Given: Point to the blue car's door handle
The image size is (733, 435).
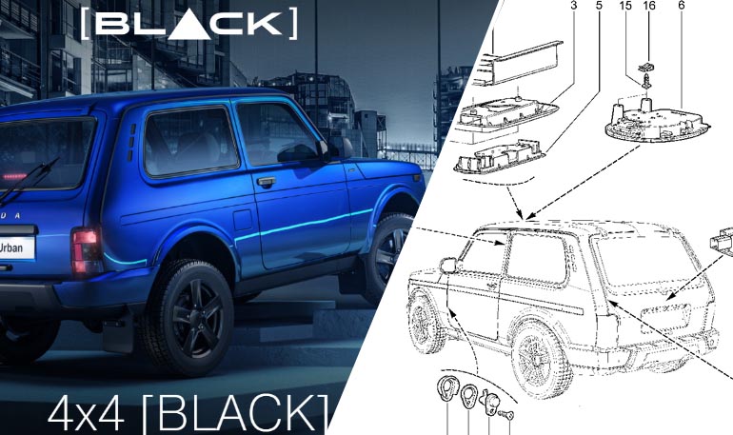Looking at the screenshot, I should coord(266,181).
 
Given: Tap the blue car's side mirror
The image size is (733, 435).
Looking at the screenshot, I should coord(331,148).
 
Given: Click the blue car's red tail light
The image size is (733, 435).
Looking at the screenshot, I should coord(87,250).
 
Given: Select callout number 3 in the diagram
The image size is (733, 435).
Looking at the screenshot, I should coord(574,6).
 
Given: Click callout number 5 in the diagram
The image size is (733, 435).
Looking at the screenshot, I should coord(599,6).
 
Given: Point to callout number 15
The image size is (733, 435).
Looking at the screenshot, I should coord(625,6).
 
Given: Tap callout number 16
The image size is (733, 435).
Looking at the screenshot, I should coord(649,6).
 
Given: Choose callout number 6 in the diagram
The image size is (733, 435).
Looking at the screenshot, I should coord(682,6).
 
